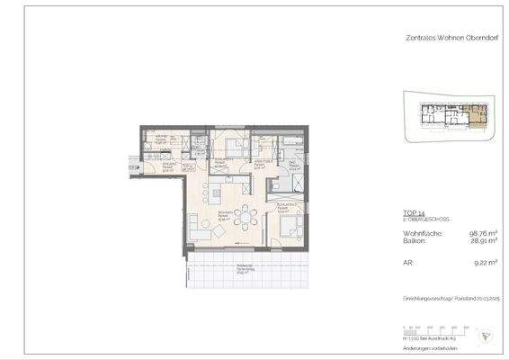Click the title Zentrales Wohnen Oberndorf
(443, 37)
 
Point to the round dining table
(244, 217)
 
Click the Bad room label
(294, 165)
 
